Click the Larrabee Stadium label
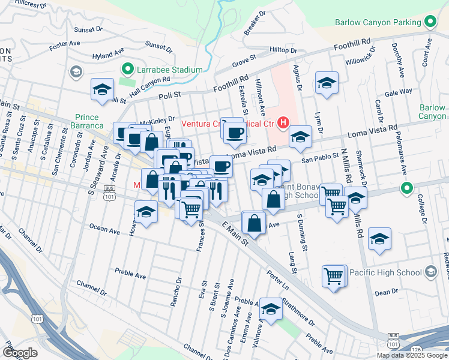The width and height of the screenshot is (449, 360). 170,70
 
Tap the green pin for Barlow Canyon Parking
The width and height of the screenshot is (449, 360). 430,23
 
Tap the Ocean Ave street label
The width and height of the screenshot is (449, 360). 105,229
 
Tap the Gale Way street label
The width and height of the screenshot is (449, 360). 399,92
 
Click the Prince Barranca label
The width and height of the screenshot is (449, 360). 91,122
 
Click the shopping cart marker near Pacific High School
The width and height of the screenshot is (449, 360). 334,277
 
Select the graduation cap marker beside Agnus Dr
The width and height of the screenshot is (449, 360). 327,83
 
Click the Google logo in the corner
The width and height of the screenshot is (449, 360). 20,352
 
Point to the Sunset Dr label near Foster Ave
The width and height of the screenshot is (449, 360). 88,29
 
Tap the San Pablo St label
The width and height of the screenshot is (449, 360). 316,160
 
